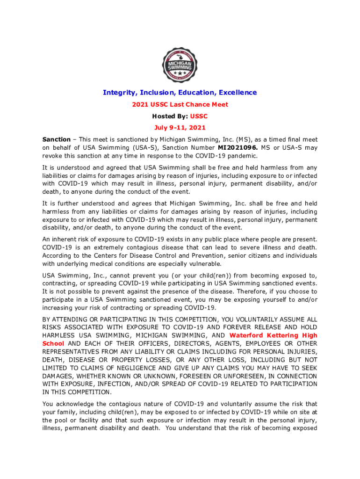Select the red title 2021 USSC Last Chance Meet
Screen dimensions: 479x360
click(x=180, y=104)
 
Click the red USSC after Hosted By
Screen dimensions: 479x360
click(x=199, y=116)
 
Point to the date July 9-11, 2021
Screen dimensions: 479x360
click(x=180, y=128)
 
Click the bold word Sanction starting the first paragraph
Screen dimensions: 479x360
click(x=56, y=139)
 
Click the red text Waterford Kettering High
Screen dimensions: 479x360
click(x=273, y=335)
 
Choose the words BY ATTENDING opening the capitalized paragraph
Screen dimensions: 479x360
click(x=65, y=319)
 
